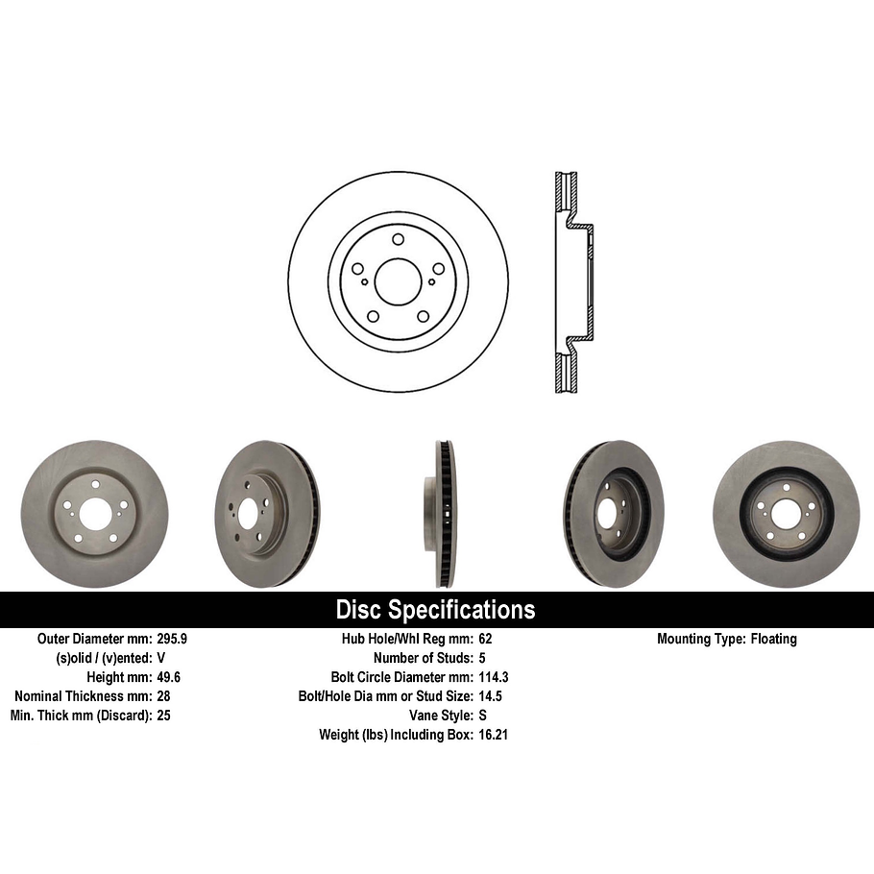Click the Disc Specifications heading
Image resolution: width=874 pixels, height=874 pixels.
pyautogui.click(x=435, y=610)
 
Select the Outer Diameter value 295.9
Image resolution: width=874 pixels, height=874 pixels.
pyautogui.click(x=174, y=639)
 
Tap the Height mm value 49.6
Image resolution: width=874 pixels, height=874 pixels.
pyautogui.click(x=169, y=677)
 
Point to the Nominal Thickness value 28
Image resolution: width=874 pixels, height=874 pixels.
pyautogui.click(x=163, y=696)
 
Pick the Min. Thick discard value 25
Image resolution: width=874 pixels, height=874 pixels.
pyautogui.click(x=163, y=716)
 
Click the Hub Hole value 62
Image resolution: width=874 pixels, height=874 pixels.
pyautogui.click(x=485, y=639)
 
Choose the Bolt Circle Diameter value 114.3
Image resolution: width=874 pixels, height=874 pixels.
pyautogui.click(x=493, y=677)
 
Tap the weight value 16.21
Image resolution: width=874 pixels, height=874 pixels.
pyautogui.click(x=493, y=735)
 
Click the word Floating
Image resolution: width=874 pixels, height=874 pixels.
pyautogui.click(x=773, y=639)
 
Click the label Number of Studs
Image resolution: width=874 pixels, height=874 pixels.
pyautogui.click(x=419, y=658)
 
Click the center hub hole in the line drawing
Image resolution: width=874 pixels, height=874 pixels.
pyautogui.click(x=398, y=281)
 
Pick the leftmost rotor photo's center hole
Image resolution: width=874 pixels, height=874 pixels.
pyautogui.click(x=94, y=514)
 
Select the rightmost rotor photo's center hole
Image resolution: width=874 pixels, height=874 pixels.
pyautogui.click(x=786, y=514)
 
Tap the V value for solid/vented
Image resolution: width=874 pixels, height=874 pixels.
pyautogui.click(x=161, y=658)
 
